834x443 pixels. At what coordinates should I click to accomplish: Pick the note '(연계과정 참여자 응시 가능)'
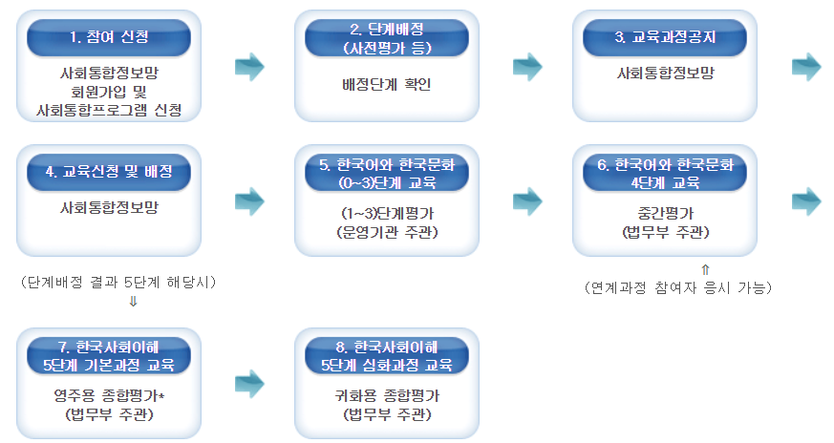tap(678, 286)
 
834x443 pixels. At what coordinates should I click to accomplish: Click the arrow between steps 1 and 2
tap(249, 66)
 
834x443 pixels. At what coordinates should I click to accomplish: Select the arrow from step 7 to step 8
tap(249, 383)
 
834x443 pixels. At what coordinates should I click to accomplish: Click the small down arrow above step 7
tap(133, 301)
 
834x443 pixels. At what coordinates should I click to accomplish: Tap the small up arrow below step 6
tap(705, 270)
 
